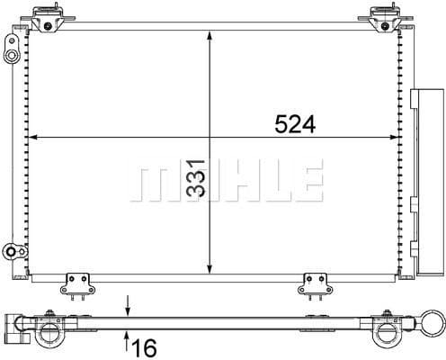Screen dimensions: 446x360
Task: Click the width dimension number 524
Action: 295,124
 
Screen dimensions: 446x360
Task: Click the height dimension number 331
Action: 195,178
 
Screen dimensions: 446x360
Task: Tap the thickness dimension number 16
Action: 144,347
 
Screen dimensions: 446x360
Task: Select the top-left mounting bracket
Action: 48,18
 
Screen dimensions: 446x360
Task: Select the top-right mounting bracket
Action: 386,18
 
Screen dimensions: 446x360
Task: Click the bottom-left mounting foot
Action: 77,285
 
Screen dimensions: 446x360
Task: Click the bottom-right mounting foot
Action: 315,285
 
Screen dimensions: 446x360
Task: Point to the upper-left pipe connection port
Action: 12,49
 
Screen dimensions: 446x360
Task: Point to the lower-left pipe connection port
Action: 15,251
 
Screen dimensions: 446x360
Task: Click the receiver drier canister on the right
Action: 427,182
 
